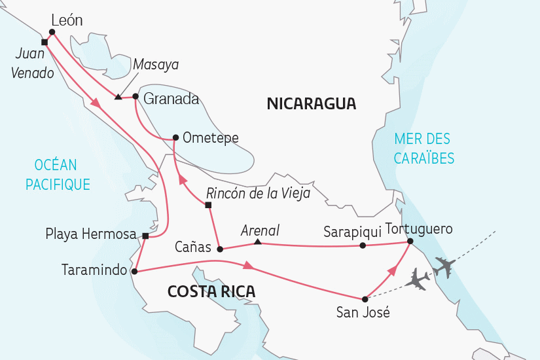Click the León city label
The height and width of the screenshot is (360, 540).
coord(67,20)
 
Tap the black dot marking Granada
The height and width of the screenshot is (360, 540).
coord(135,97)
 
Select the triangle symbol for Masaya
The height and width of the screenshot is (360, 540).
coord(117,98)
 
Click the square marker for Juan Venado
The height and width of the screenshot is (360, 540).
coord(44,42)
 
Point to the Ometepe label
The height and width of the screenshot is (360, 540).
coord(210,137)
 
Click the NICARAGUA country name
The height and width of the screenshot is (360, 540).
coord(312,103)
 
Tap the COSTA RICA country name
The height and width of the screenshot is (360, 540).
coord(211,291)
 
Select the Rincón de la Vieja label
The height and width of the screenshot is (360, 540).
coord(258,193)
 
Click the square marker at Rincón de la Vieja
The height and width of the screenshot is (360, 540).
coord(208,206)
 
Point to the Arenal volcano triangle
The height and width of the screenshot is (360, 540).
coord(258,243)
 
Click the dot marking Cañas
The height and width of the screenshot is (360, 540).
coord(220,249)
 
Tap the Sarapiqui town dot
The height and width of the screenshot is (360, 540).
coord(363,246)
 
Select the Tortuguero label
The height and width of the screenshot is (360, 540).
coord(419,229)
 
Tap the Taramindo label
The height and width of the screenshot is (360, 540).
coord(94,270)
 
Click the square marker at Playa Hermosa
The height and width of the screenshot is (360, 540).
coord(145,236)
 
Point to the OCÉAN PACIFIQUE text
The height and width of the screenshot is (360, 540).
coord(58,175)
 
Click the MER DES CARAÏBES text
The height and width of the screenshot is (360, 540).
coord(424,148)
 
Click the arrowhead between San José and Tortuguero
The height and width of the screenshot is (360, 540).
coord(393,270)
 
